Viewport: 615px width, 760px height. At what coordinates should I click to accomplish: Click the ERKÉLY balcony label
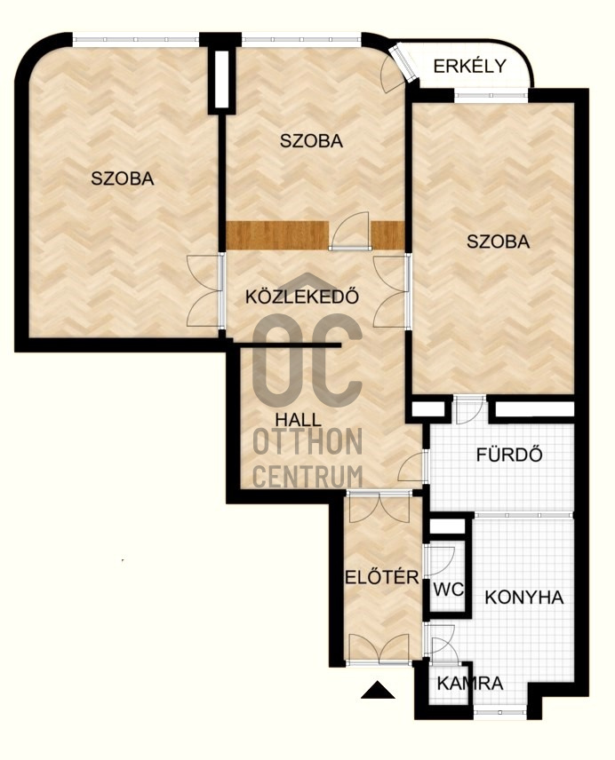(469, 66)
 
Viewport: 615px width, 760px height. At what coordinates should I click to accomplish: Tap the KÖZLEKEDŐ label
(302, 297)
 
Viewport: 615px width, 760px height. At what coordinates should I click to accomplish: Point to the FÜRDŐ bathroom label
(509, 455)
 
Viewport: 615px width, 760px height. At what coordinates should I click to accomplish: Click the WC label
(448, 590)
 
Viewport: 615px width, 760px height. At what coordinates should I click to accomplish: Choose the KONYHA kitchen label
(524, 598)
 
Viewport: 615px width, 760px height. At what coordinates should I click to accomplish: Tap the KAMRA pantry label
(469, 684)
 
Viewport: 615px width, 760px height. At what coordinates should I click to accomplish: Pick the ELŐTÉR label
(381, 577)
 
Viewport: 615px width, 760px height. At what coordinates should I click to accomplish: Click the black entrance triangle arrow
(378, 690)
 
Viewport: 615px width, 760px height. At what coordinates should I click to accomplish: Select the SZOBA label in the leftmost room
(123, 178)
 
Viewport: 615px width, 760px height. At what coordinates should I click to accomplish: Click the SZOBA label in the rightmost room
(498, 241)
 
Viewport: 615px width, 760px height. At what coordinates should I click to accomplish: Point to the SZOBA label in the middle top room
(311, 140)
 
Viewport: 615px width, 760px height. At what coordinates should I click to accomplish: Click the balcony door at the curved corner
(403, 63)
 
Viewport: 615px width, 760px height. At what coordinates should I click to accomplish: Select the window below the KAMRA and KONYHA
(499, 712)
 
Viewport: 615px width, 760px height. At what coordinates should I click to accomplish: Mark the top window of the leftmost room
(136, 39)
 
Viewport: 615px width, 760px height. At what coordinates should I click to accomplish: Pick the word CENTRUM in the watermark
(307, 476)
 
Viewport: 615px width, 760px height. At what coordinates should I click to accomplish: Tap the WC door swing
(440, 561)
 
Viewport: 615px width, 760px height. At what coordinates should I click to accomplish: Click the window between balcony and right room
(491, 96)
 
